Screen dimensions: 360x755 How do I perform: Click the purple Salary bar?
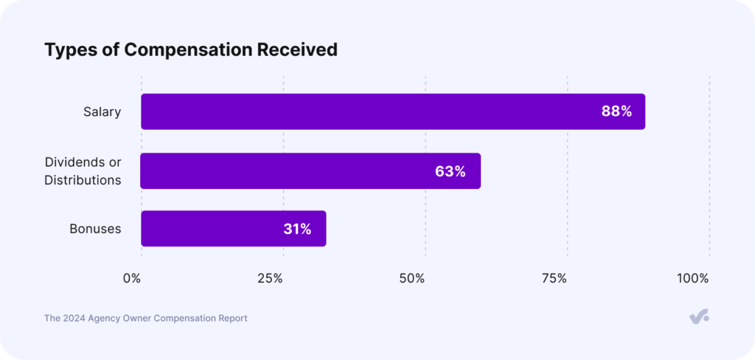coord(369,111)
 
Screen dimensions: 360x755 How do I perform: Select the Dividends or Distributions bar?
coord(295,171)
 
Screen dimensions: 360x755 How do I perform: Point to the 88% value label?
coord(616,111)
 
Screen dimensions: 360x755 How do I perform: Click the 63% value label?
coord(450,171)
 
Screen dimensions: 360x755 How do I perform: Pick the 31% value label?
coord(297,229)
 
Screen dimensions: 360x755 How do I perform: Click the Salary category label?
coord(102,112)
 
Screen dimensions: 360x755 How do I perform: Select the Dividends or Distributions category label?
coord(83,170)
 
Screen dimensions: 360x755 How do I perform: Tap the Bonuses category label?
coord(95,229)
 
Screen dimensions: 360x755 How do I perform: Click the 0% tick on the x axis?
coord(132,278)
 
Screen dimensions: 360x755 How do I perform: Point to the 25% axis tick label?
coord(270,278)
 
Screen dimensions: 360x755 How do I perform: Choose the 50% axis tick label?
coord(412,278)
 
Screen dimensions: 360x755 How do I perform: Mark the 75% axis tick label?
coord(554,278)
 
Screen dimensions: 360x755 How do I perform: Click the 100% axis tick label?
coord(692,278)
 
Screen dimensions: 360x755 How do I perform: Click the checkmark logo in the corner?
coord(698,316)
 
